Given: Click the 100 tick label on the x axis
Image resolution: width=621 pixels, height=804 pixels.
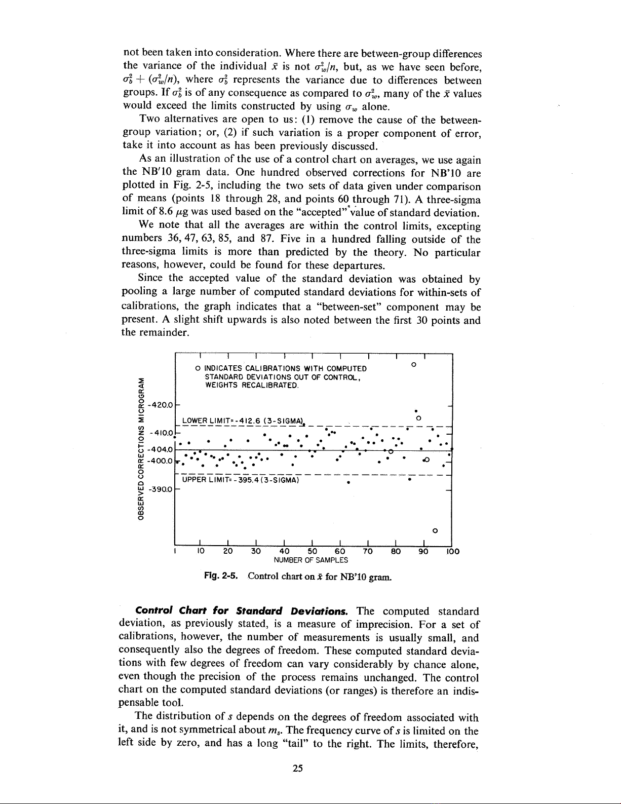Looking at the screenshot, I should (x=453, y=552).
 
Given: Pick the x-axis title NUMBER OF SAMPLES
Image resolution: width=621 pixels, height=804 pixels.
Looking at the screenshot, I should (x=310, y=560).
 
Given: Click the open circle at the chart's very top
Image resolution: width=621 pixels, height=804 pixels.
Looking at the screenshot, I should (x=414, y=364).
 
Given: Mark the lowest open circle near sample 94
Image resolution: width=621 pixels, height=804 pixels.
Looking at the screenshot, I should (x=435, y=531).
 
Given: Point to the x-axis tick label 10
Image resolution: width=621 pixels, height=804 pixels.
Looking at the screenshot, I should (x=200, y=552).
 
